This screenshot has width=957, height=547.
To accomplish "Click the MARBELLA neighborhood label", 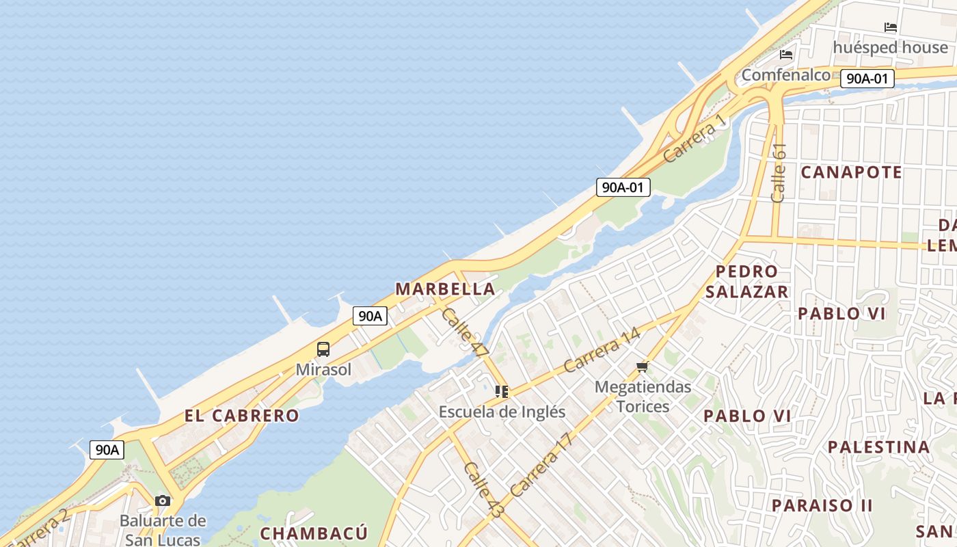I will pyautogui.click(x=445, y=289).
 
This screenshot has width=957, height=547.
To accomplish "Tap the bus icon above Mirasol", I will pyautogui.click(x=323, y=349).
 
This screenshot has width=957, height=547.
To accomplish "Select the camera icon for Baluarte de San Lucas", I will pyautogui.click(x=163, y=501).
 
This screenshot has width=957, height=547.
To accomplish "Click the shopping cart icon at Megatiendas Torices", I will pyautogui.click(x=642, y=367).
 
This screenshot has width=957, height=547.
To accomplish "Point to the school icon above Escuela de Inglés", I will pyautogui.click(x=502, y=392).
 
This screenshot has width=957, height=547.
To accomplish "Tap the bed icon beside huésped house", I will pyautogui.click(x=890, y=27).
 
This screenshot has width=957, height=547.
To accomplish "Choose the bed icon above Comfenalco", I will pyautogui.click(x=786, y=54).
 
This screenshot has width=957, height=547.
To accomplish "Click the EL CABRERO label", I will pyautogui.click(x=241, y=415).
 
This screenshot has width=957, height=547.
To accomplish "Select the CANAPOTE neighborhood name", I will pyautogui.click(x=851, y=172).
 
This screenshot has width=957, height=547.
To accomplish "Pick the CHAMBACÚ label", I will pyautogui.click(x=314, y=533).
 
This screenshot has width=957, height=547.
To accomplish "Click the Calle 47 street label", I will pyautogui.click(x=465, y=332).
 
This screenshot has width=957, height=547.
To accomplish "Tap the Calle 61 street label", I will pyautogui.click(x=779, y=173).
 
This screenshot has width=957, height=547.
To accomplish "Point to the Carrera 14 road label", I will pyautogui.click(x=602, y=350).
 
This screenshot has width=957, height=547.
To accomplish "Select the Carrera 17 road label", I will pyautogui.click(x=540, y=465).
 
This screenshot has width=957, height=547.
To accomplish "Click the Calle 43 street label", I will pyautogui.click(x=483, y=488).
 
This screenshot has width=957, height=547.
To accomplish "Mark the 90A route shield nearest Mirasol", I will pyautogui.click(x=370, y=316).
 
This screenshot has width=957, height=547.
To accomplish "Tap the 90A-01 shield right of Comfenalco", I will pyautogui.click(x=867, y=79).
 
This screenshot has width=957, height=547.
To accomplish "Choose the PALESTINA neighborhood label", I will pyautogui.click(x=879, y=447).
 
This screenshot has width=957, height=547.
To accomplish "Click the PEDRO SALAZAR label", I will pyautogui.click(x=746, y=282).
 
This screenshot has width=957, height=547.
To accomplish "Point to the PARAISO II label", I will pyautogui.click(x=822, y=505).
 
